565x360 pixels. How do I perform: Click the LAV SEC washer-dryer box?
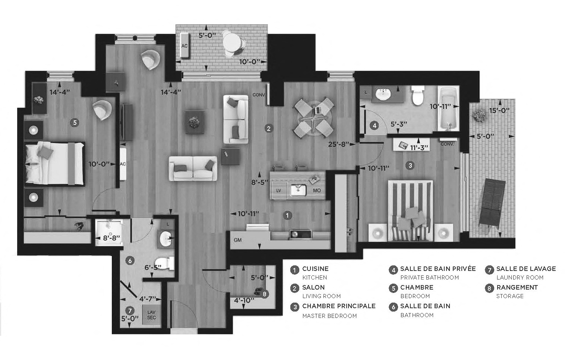[151, 315]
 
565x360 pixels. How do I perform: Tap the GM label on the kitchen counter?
[237, 240]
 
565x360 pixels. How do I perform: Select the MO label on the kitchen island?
[316, 191]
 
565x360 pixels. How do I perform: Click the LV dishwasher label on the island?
[278, 190]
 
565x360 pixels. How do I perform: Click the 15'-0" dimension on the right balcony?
[499, 111]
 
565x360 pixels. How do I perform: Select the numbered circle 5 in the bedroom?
[75, 122]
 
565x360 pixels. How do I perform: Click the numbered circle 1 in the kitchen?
[287, 215]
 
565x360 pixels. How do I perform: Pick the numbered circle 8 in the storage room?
[264, 294]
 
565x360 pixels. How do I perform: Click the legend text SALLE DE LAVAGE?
[526, 269]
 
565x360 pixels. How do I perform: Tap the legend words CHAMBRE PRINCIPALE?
[339, 306]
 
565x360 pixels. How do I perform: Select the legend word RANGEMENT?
[517, 287]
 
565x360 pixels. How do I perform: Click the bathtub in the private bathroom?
[448, 108]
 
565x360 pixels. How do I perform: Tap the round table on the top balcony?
[232, 41]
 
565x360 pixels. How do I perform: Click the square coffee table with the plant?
[195, 121]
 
